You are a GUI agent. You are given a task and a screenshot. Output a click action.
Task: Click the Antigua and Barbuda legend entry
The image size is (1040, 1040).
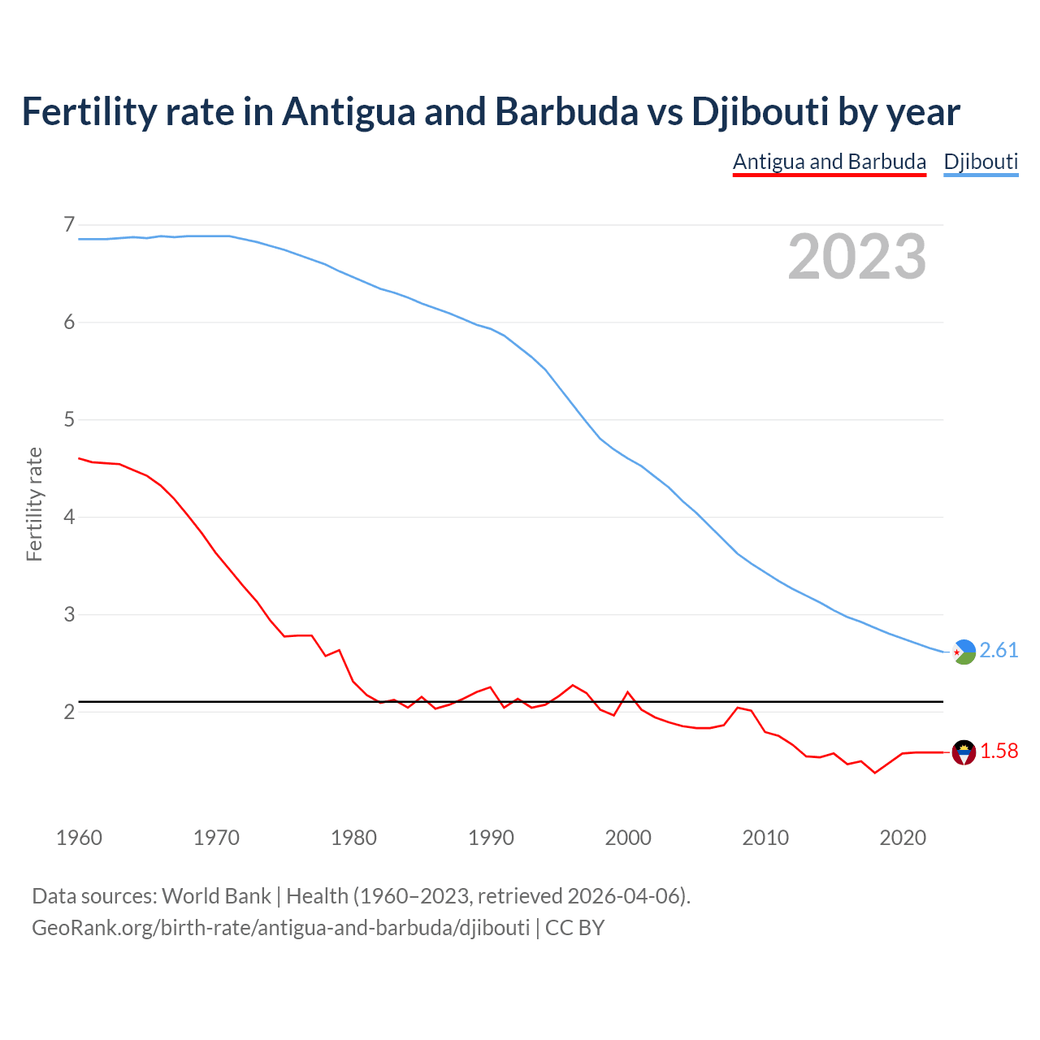pos(829,162)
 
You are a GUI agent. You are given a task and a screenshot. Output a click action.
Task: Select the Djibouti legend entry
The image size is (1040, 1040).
pos(981,162)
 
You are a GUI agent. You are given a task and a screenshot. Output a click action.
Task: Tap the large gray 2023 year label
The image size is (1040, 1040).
pos(857,257)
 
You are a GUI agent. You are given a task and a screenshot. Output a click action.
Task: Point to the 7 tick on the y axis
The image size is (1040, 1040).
pos(69,224)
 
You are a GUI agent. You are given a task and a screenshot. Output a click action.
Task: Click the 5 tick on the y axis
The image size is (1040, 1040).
pos(69,419)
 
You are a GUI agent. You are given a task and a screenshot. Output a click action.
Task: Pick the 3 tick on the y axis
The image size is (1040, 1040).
pos(69,614)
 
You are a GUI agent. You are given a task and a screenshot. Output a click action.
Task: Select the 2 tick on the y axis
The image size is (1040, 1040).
pos(69,712)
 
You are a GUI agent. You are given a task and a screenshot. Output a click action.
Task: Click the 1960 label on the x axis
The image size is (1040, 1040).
pos(79,838)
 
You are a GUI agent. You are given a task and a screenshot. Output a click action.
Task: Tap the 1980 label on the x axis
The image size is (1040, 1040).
pos(353,838)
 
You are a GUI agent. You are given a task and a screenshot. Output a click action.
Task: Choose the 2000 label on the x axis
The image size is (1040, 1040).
pos(628,838)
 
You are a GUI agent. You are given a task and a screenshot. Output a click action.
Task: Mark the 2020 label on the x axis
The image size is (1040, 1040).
pos(903,838)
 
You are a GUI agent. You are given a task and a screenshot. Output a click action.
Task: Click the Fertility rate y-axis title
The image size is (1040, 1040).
pos(34,504)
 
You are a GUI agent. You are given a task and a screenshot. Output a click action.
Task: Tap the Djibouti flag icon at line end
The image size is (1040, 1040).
pos(964,652)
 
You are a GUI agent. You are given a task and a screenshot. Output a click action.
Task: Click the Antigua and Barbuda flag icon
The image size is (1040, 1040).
pos(964,752)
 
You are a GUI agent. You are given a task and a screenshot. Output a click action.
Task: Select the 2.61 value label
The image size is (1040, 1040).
pos(999,651)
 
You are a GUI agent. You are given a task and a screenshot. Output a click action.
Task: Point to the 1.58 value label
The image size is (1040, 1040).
pos(999,752)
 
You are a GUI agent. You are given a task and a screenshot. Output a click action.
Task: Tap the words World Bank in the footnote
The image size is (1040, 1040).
pos(216,895)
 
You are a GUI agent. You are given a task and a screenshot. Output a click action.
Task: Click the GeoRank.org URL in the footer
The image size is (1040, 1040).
pos(280,927)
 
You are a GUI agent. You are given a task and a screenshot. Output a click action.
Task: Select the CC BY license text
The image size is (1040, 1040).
pos(574,927)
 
